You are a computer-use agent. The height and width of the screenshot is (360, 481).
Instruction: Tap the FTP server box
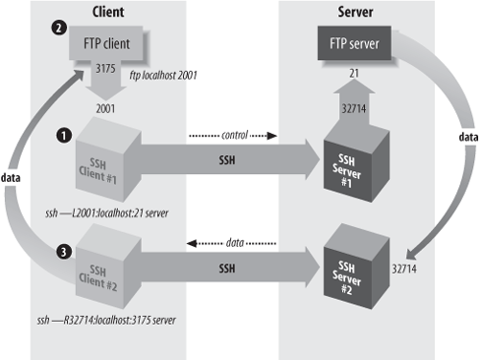point(351,45)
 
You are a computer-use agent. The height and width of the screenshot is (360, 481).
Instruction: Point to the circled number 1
point(63,134)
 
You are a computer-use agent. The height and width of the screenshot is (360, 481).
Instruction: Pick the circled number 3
point(63,254)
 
